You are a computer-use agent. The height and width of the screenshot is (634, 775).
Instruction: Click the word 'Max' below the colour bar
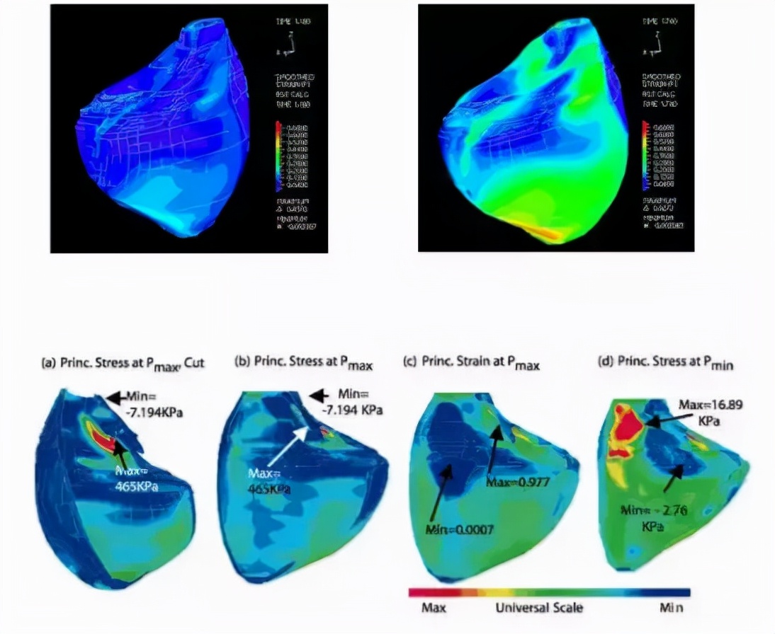pos(433,608)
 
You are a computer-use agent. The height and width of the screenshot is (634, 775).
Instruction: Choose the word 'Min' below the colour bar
pos(670,608)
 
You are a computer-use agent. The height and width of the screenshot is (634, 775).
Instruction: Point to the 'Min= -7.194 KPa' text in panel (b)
pos(359,403)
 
